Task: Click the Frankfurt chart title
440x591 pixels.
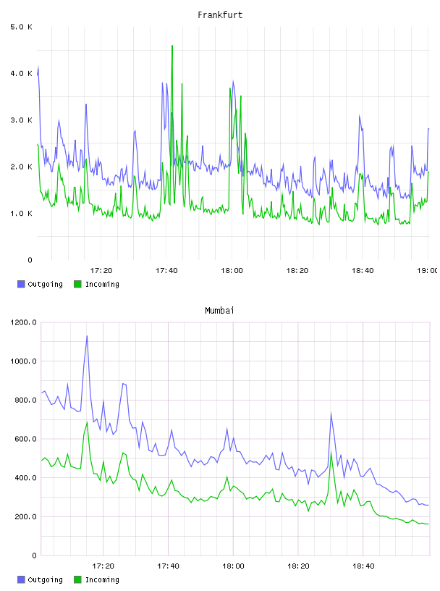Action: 220,15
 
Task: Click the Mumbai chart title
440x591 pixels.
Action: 219,311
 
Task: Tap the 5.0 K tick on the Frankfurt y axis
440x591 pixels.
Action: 21,27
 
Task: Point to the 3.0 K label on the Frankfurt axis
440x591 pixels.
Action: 21,120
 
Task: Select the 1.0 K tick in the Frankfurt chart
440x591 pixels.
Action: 21,214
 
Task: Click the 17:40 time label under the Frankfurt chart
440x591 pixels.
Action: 166,270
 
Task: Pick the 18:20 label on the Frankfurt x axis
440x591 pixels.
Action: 297,270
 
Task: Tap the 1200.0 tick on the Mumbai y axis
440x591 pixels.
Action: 23,322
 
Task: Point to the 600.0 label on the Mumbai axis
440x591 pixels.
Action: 25,439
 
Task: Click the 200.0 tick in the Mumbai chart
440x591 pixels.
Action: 25,516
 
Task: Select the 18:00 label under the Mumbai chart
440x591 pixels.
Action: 233,566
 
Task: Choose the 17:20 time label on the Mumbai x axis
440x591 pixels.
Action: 103,566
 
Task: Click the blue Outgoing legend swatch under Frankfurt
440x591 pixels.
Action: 21,284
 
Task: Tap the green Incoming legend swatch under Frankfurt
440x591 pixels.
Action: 77,284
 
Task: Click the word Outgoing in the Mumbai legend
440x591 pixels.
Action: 45,580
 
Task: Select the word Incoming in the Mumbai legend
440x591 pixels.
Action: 102,580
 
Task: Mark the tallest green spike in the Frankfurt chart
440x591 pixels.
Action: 172,46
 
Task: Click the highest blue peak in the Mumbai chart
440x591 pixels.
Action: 87,336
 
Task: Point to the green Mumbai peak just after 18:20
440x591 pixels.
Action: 331,451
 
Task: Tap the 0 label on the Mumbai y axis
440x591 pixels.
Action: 34,556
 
